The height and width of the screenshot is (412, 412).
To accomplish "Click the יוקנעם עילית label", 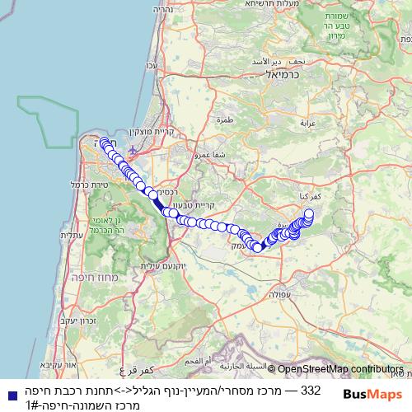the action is [x=158, y=265].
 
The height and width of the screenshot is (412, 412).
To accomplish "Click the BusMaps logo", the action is [x=372, y=395].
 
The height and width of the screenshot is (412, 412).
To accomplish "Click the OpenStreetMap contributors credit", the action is [x=341, y=370].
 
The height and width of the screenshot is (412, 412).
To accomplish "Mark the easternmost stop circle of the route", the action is [x=309, y=214].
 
